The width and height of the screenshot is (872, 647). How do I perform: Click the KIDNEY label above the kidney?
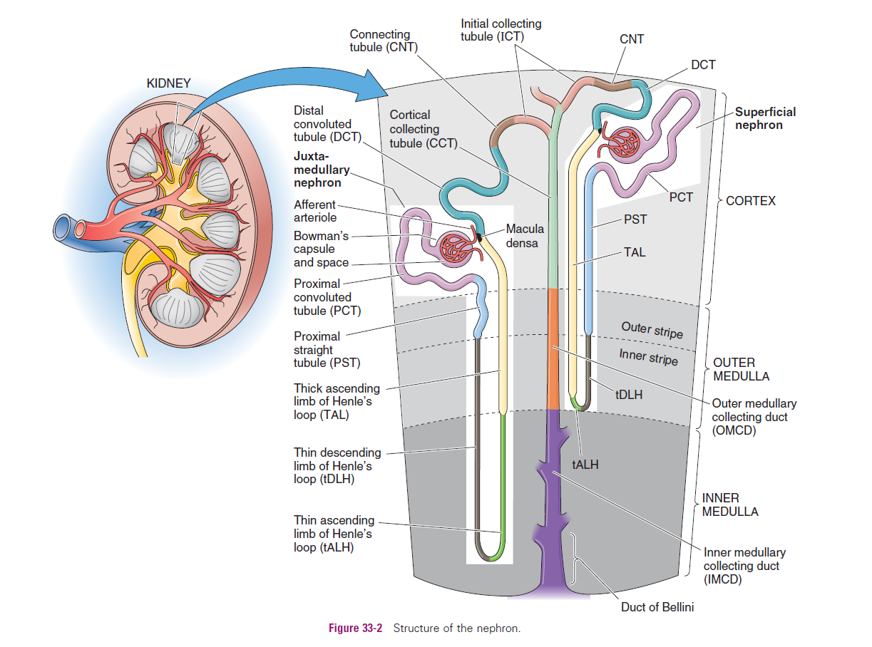point(168,83)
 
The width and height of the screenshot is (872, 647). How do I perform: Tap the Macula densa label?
point(524,236)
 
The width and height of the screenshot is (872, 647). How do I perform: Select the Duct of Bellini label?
point(657,608)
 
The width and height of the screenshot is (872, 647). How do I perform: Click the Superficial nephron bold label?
point(765,118)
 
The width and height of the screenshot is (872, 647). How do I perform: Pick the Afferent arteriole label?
point(314,211)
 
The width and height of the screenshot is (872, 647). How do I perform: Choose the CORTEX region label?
point(750,201)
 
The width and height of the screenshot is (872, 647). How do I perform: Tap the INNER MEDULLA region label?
point(730,504)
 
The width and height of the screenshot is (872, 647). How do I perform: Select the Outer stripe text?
point(652,330)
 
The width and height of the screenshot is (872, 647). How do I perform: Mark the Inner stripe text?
point(648,356)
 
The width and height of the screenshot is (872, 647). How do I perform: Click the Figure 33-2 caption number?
point(355,628)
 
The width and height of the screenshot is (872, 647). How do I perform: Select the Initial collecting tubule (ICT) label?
point(501,30)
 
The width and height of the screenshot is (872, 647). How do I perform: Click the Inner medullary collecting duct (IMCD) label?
point(744,566)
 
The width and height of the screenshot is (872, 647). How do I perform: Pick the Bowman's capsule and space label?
point(321,249)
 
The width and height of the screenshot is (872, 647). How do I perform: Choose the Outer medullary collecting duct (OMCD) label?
point(754,417)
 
